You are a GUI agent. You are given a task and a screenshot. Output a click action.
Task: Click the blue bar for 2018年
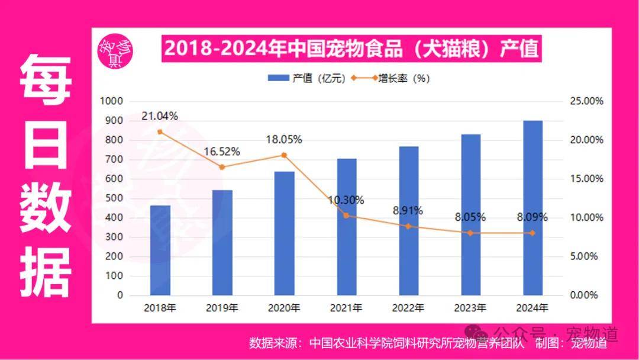pos(160,250)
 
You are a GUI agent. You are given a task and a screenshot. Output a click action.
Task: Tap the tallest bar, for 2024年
pos(533,207)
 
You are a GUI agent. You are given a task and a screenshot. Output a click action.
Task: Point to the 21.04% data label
pos(159,116)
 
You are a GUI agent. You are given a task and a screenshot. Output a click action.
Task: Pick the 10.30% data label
pos(346,200)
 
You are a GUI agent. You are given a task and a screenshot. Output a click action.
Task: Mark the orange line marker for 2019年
pos(222,167)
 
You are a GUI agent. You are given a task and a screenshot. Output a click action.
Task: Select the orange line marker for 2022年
pos(409,226)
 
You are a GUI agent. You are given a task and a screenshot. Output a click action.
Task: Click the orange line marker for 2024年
pos(533,233)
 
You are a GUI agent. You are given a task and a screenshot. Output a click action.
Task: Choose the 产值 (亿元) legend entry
pos(306,78)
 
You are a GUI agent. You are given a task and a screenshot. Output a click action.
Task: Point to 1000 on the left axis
pos(112,101)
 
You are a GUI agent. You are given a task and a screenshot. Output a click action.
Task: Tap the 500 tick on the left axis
pos(115,198)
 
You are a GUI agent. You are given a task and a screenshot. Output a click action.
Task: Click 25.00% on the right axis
pos(586,101)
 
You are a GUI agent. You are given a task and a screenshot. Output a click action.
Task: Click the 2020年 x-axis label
pos(284,308)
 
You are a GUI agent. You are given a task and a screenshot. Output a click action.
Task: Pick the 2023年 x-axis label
pos(470,308)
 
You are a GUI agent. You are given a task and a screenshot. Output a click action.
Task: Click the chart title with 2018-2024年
pos(351,49)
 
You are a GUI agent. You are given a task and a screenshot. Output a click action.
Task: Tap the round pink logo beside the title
pos(115,52)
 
